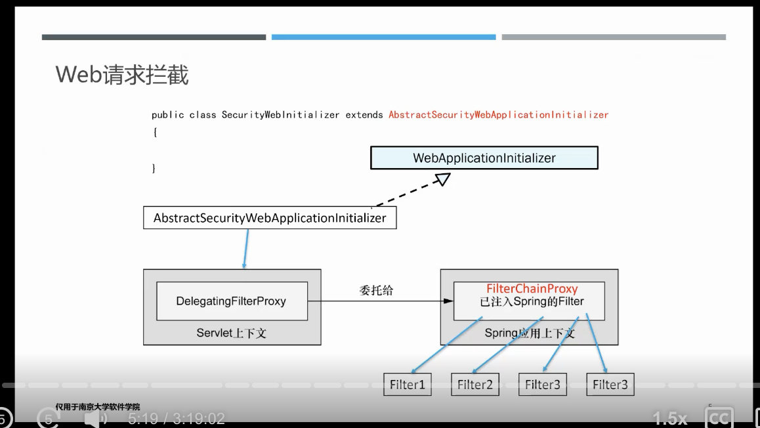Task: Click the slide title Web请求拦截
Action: coord(122,75)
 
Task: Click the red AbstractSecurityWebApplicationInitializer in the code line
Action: coord(498,115)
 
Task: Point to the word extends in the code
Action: coord(364,115)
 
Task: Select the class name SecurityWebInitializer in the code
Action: coord(280,115)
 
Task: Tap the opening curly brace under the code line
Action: coord(155,132)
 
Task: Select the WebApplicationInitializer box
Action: coord(484,158)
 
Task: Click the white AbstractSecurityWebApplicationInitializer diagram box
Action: coord(270,218)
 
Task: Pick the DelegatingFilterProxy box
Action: coord(232,301)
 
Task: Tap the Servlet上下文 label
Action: coord(232,333)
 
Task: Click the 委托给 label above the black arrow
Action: coord(376,290)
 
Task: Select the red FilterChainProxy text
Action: coord(532,289)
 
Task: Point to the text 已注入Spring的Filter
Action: coord(532,302)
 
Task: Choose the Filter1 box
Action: coord(408,385)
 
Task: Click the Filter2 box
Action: coord(475,385)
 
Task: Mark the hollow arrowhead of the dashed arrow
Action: coord(442,178)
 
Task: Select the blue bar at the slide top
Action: coord(383,37)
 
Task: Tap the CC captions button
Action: coord(719,417)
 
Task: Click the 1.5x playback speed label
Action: coord(669,418)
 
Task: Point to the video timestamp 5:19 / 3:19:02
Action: coord(177,418)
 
